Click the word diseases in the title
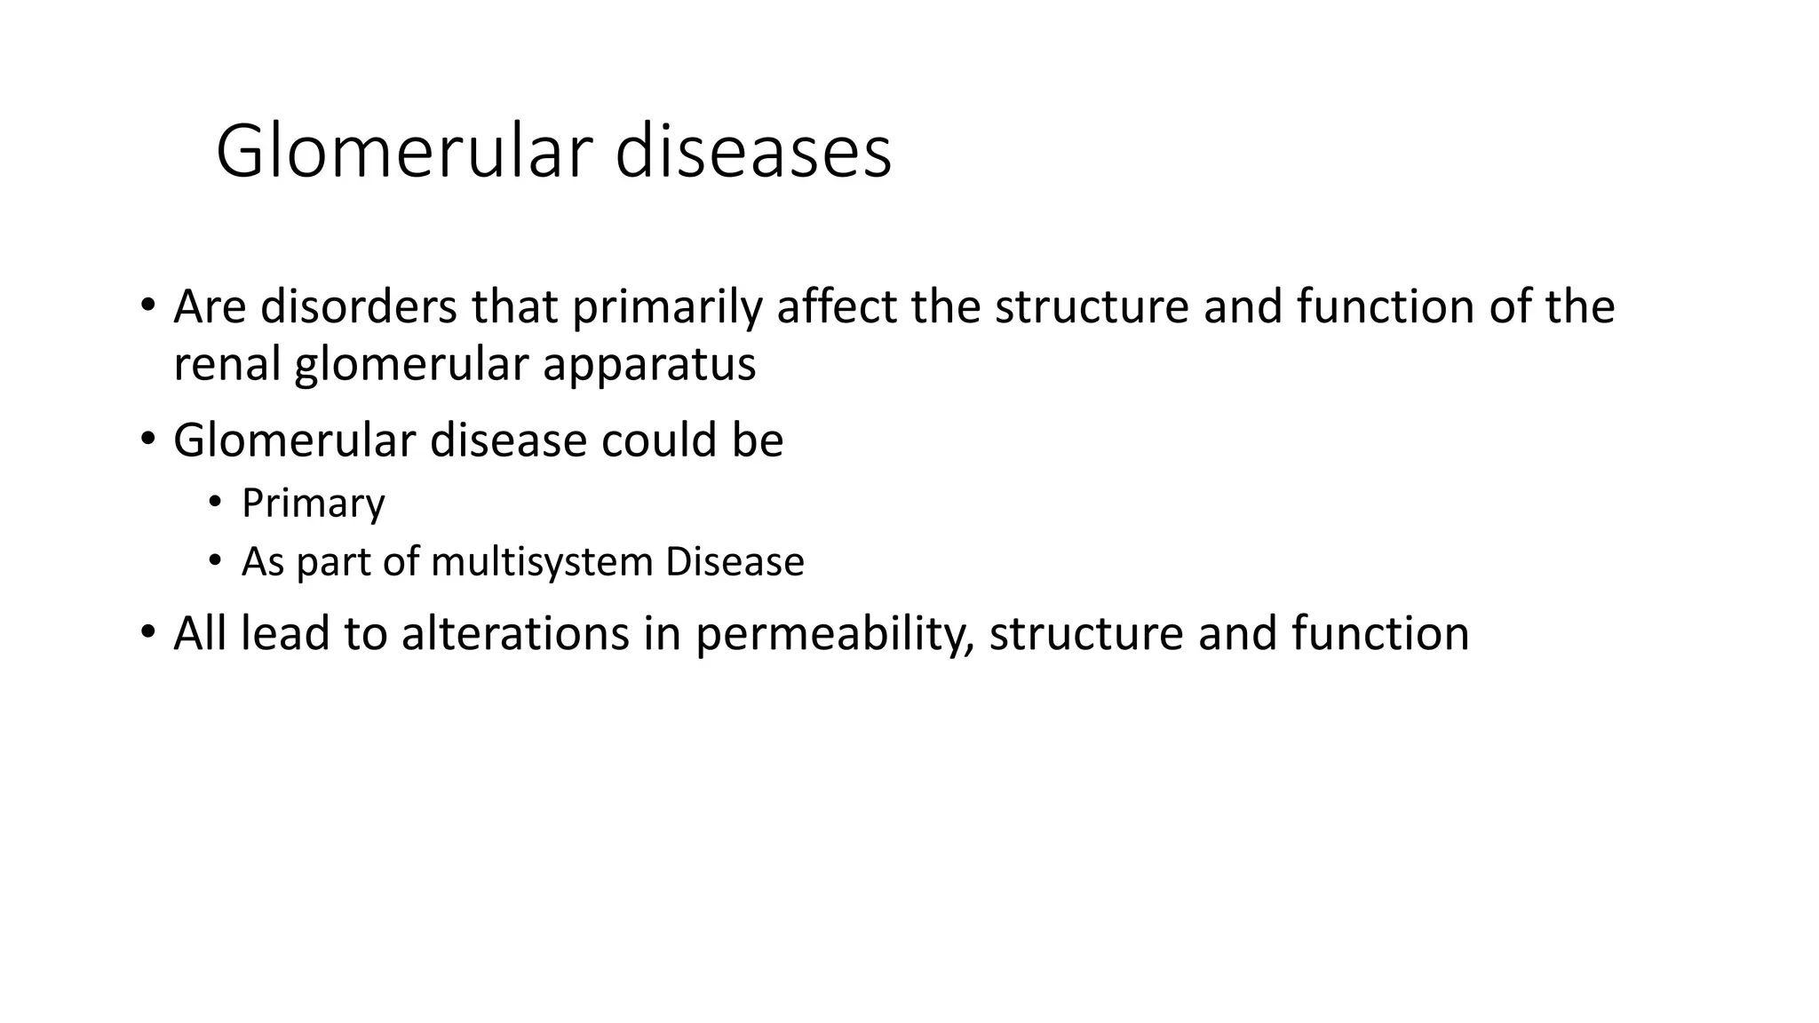pyautogui.click(x=753, y=153)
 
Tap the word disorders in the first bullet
pyautogui.click(x=359, y=306)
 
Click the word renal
pyautogui.click(x=226, y=364)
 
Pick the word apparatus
pyautogui.click(x=649, y=364)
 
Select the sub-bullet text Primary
pyautogui.click(x=313, y=504)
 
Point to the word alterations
pyautogui.click(x=515, y=634)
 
